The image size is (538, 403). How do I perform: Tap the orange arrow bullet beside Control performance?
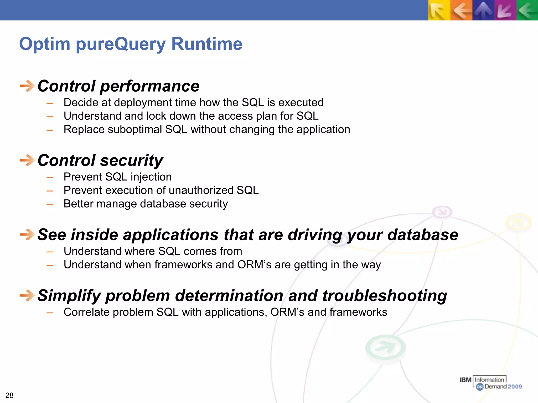point(27,86)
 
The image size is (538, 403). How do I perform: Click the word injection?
point(151,177)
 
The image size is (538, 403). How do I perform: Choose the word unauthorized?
point(197,190)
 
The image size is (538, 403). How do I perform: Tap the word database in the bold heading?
point(423,235)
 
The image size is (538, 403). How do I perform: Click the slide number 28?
point(9,395)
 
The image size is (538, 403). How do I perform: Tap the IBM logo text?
point(465,380)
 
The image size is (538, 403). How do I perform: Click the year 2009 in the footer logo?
point(515,386)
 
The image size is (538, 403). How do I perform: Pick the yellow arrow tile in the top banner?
point(438,10)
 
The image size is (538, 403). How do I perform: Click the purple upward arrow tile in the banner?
point(483,10)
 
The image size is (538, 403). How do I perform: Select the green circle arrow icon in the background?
point(385,348)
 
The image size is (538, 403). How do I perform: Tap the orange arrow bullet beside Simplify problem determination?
point(27,296)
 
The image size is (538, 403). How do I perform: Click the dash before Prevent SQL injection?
point(50,178)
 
